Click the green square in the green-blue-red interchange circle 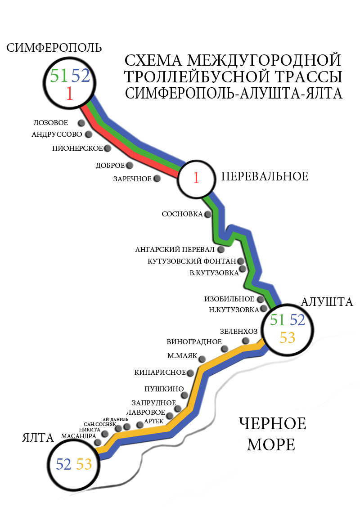[x=59, y=75]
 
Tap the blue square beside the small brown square [x=81, y=75]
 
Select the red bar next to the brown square [x=70, y=93]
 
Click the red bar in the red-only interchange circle [x=197, y=177]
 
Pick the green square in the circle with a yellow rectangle [x=277, y=319]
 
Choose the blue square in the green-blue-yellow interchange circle [x=297, y=319]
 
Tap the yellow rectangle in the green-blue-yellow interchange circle [x=287, y=337]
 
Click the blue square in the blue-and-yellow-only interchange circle [x=63, y=464]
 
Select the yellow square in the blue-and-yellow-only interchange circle [x=84, y=464]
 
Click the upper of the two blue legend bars [x=150, y=68]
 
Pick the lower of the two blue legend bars [x=150, y=85]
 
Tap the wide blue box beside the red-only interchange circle [x=277, y=166]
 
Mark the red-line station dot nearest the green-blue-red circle [x=81, y=123]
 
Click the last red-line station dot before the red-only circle [x=157, y=178]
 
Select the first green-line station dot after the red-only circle [x=207, y=214]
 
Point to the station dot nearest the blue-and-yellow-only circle [x=98, y=442]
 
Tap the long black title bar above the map [x=54, y=47]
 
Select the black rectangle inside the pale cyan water [x=273, y=433]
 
